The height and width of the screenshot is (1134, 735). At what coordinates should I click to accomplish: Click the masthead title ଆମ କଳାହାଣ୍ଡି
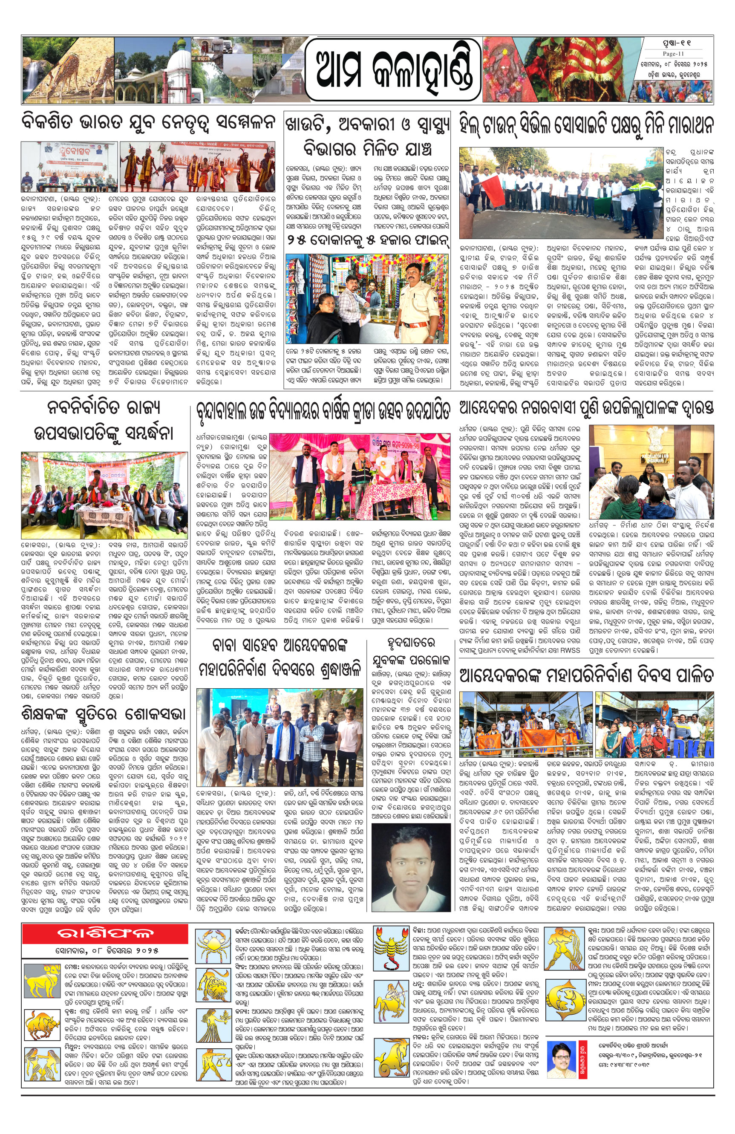point(392,69)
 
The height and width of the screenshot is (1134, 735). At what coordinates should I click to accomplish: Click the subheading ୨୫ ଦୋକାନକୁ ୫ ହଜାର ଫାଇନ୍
point(367,241)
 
